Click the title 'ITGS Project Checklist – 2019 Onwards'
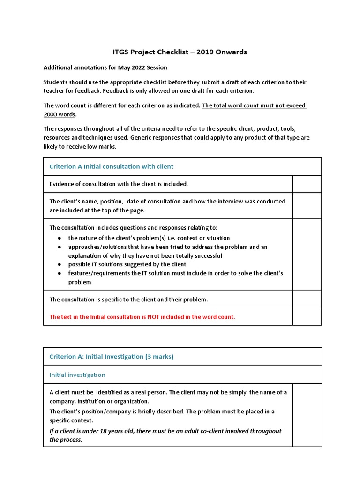point(180,52)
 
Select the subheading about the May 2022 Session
point(105,67)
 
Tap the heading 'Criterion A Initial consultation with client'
point(112,166)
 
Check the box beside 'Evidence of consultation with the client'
point(307,184)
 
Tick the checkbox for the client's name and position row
point(307,206)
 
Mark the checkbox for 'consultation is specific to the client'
point(307,299)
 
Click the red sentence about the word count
point(142,317)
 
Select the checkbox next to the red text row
point(307,317)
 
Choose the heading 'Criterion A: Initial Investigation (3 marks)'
point(112,357)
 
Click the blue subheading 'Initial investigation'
point(77,375)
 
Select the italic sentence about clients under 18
point(165,435)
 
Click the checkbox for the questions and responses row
point(307,255)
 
